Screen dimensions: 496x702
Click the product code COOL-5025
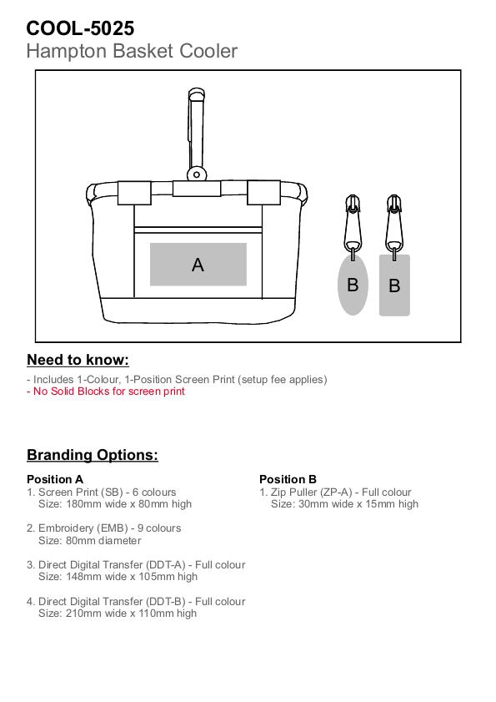pyautogui.click(x=80, y=28)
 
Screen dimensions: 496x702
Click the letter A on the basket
pyautogui.click(x=198, y=265)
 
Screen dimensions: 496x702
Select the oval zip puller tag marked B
pyautogui.click(x=353, y=285)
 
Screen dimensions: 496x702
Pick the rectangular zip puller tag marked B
pyautogui.click(x=394, y=285)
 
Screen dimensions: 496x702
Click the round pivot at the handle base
pyautogui.click(x=197, y=174)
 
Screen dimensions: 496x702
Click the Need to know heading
pyautogui.click(x=78, y=360)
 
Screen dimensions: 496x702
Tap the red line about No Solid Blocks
pyautogui.click(x=106, y=391)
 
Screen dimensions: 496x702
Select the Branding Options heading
pyautogui.click(x=93, y=455)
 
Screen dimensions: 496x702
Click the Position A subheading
pyautogui.click(x=55, y=479)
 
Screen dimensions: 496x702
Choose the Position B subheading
pyautogui.click(x=288, y=479)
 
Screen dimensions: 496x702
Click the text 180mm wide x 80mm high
pyautogui.click(x=129, y=504)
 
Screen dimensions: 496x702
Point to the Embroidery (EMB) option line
pyautogui.click(x=103, y=528)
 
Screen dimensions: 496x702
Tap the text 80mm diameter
pyautogui.click(x=103, y=541)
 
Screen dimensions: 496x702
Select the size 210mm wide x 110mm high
pyautogui.click(x=131, y=614)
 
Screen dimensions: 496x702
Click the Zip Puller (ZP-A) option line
pyautogui.click(x=335, y=492)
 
